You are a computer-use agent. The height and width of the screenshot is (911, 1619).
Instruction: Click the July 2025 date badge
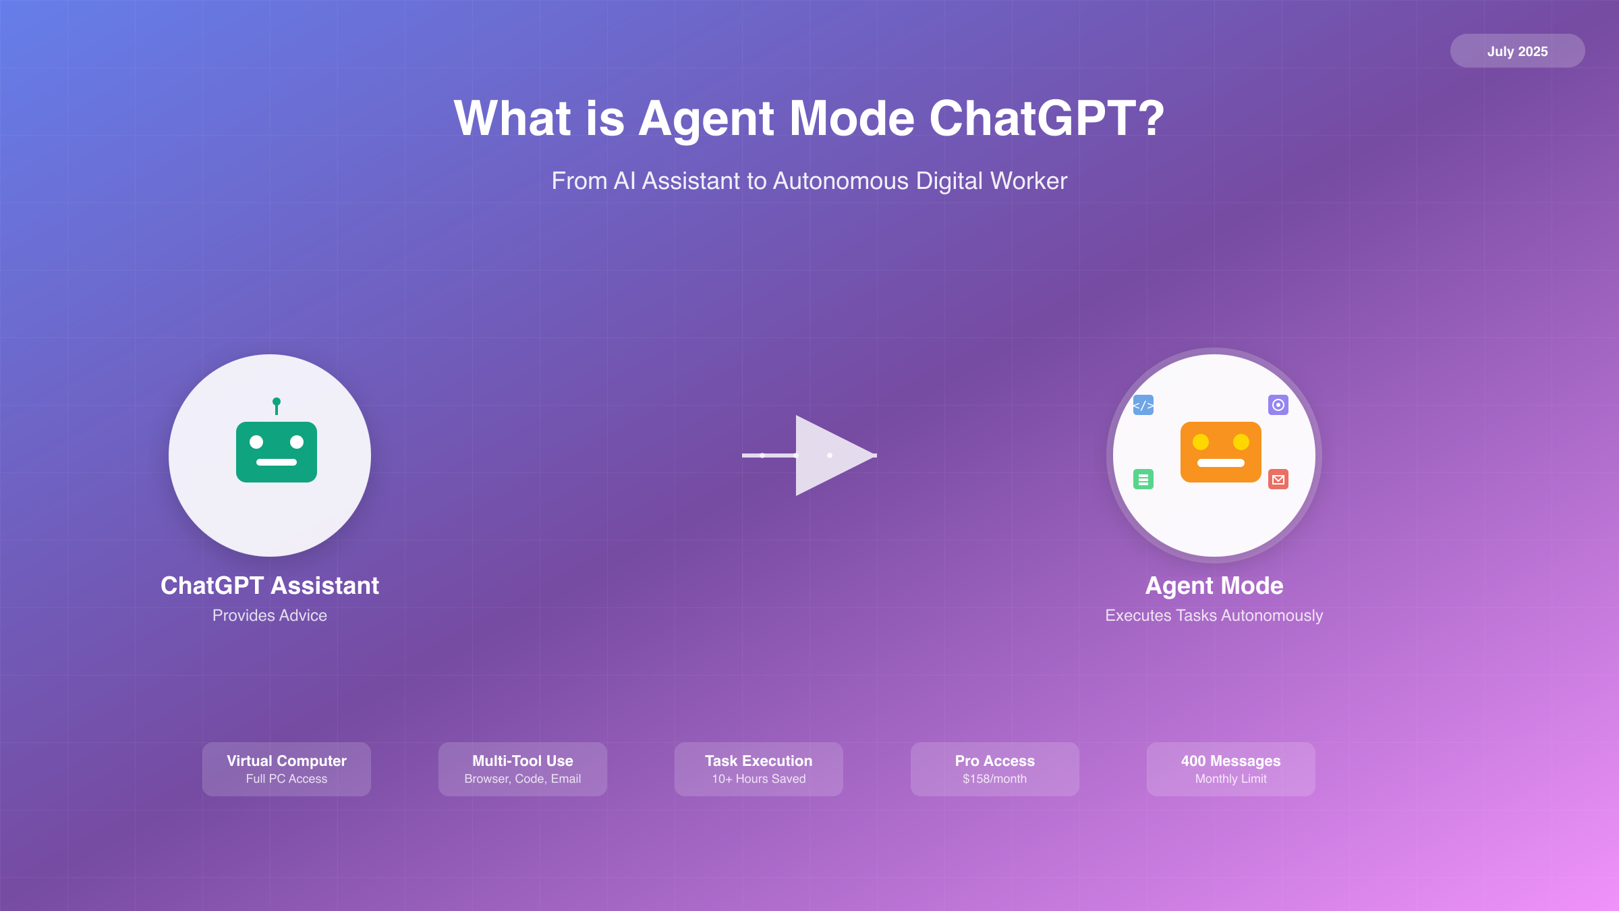pyautogui.click(x=1517, y=51)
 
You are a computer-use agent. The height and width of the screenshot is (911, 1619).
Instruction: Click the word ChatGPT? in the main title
pyautogui.click(x=1047, y=119)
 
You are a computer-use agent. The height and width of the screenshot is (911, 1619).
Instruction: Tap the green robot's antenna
pyautogui.click(x=276, y=406)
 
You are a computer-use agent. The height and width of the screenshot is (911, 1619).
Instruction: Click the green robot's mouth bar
pyautogui.click(x=277, y=462)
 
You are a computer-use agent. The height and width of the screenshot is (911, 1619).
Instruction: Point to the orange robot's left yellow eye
pyautogui.click(x=1201, y=442)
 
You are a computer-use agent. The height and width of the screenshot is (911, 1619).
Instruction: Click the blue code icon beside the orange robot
pyautogui.click(x=1143, y=405)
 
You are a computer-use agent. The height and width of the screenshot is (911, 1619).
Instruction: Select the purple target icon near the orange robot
pyautogui.click(x=1278, y=405)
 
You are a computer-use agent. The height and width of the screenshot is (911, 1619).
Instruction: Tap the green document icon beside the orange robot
pyautogui.click(x=1143, y=479)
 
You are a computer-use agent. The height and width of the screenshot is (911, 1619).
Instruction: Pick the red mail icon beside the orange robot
pyautogui.click(x=1278, y=479)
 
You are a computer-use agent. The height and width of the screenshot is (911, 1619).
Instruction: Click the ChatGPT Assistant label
pyautogui.click(x=270, y=586)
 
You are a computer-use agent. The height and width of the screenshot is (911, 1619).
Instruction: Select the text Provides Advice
pyautogui.click(x=270, y=615)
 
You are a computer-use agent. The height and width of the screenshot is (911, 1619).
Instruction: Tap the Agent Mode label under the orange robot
pyautogui.click(x=1214, y=586)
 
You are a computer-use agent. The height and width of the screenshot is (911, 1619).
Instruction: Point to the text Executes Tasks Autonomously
pyautogui.click(x=1214, y=615)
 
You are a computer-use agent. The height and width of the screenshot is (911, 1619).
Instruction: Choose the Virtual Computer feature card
pyautogui.click(x=287, y=769)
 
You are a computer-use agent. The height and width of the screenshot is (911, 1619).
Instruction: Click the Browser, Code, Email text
pyautogui.click(x=523, y=779)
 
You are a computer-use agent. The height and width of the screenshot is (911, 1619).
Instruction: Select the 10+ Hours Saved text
pyautogui.click(x=759, y=779)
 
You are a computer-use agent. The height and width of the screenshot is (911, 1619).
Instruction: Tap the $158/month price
pyautogui.click(x=995, y=779)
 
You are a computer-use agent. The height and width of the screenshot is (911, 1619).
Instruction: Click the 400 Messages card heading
pyautogui.click(x=1231, y=761)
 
